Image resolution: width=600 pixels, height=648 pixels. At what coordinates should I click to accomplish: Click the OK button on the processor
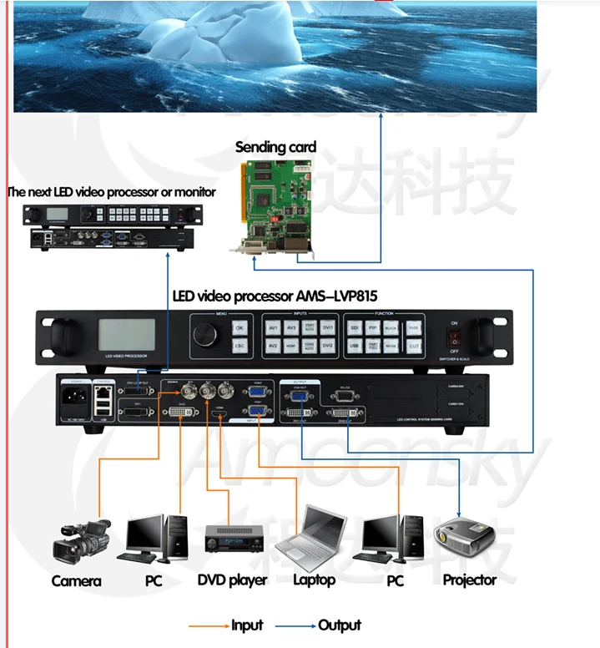[x=239, y=328]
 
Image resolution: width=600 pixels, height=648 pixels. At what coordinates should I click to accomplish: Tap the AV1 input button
[x=273, y=328]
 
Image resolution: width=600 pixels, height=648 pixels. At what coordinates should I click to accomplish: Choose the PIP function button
[x=373, y=328]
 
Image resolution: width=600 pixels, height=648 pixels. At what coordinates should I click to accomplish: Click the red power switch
[x=454, y=337]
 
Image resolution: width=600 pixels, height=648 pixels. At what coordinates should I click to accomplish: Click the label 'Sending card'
[x=275, y=148]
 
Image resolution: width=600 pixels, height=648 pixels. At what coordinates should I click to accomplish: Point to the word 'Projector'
[x=469, y=580]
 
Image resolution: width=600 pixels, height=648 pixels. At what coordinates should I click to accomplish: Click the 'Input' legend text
[x=247, y=625]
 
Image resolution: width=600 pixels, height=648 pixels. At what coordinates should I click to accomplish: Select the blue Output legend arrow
[x=297, y=625]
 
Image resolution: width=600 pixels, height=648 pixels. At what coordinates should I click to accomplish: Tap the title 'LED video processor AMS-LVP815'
[x=279, y=296]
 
